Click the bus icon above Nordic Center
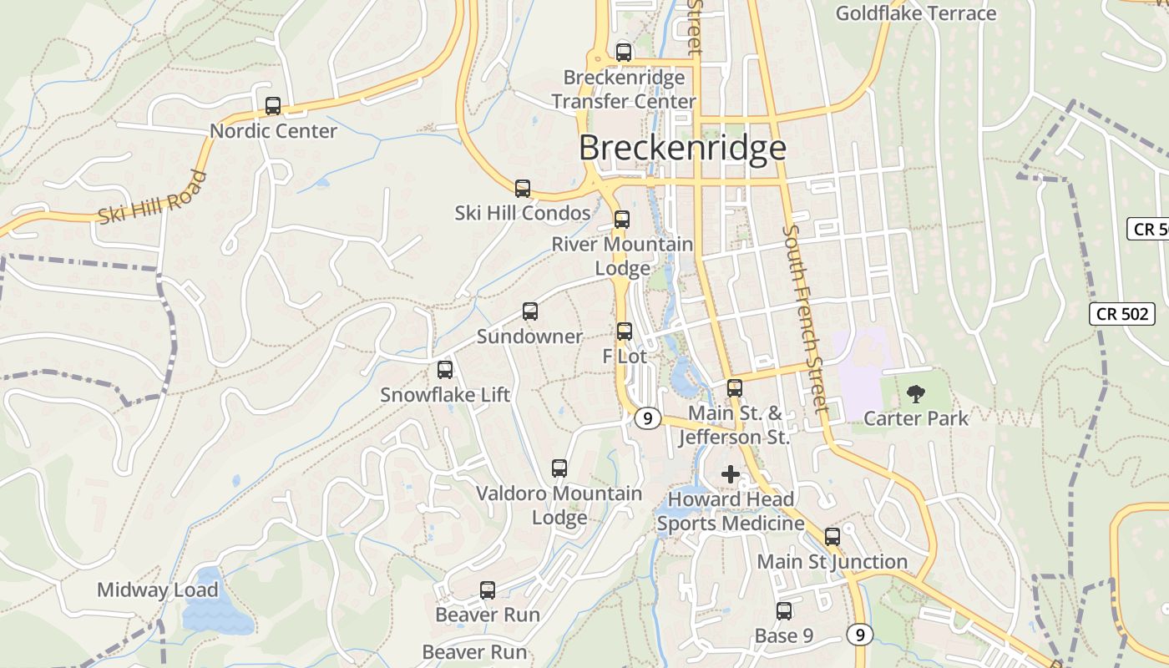click(x=273, y=106)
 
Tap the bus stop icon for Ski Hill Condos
click(x=523, y=189)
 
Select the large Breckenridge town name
click(x=682, y=148)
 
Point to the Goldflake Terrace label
click(x=916, y=13)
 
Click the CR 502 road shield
click(x=1122, y=314)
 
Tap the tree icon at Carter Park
click(x=916, y=392)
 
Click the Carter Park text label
click(x=916, y=418)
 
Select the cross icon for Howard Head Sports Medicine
click(x=731, y=475)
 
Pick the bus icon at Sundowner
click(x=530, y=311)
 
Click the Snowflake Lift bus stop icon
click(x=445, y=369)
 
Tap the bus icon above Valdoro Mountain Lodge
click(x=559, y=468)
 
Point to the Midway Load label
click(x=158, y=590)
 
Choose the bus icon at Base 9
click(x=784, y=611)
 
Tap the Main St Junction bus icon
click(x=832, y=537)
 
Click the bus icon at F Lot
click(x=625, y=331)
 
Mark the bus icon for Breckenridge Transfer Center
click(x=624, y=52)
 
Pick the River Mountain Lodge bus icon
click(x=622, y=220)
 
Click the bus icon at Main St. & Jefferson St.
click(x=735, y=388)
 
